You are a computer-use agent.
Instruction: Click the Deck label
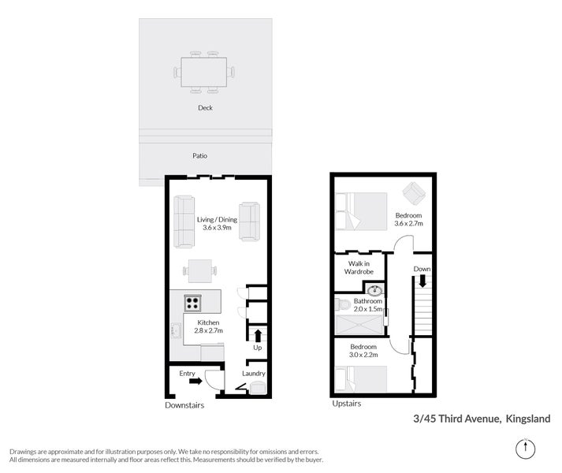point(205,108)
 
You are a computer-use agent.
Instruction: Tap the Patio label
point(200,156)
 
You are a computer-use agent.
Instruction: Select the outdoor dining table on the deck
point(204,72)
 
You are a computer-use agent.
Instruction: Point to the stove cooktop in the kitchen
point(192,302)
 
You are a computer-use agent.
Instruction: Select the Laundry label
point(254,373)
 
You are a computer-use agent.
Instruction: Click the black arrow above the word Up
point(257,334)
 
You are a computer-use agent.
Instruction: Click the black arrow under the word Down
point(422,281)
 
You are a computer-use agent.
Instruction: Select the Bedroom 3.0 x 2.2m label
point(364,351)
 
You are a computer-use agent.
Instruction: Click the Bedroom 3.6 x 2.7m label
point(408,219)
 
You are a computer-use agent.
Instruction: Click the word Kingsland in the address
point(528,419)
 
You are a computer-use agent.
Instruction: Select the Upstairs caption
point(346,404)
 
